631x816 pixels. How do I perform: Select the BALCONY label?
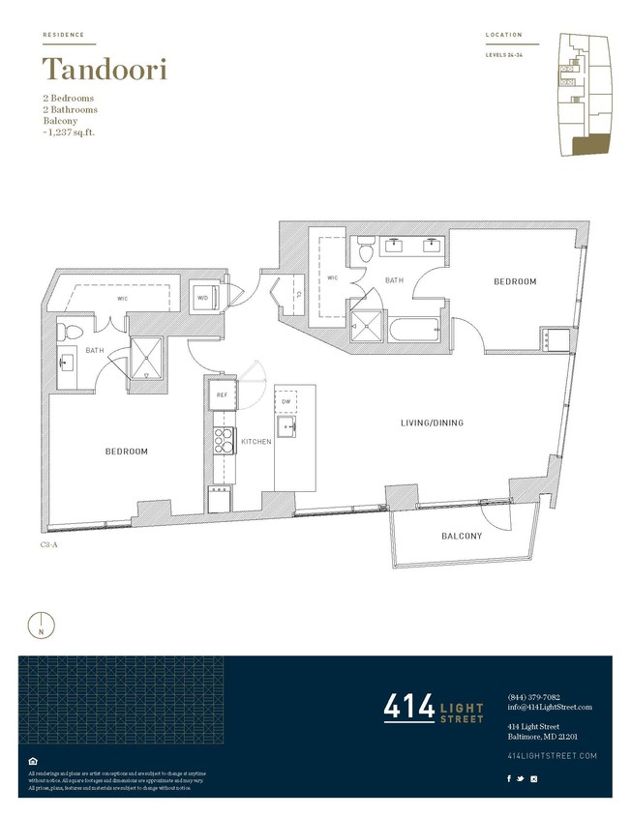(462, 536)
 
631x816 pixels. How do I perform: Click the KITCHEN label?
(255, 442)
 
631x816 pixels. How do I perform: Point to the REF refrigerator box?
(222, 395)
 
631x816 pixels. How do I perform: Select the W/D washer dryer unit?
(204, 298)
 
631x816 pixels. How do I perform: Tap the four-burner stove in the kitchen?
(223, 441)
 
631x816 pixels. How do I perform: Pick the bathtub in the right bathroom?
(415, 330)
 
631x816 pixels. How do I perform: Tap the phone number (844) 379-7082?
(533, 697)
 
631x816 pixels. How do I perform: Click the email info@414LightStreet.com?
(549, 707)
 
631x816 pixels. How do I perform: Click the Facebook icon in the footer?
(510, 777)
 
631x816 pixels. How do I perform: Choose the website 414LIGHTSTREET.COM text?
(552, 755)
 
